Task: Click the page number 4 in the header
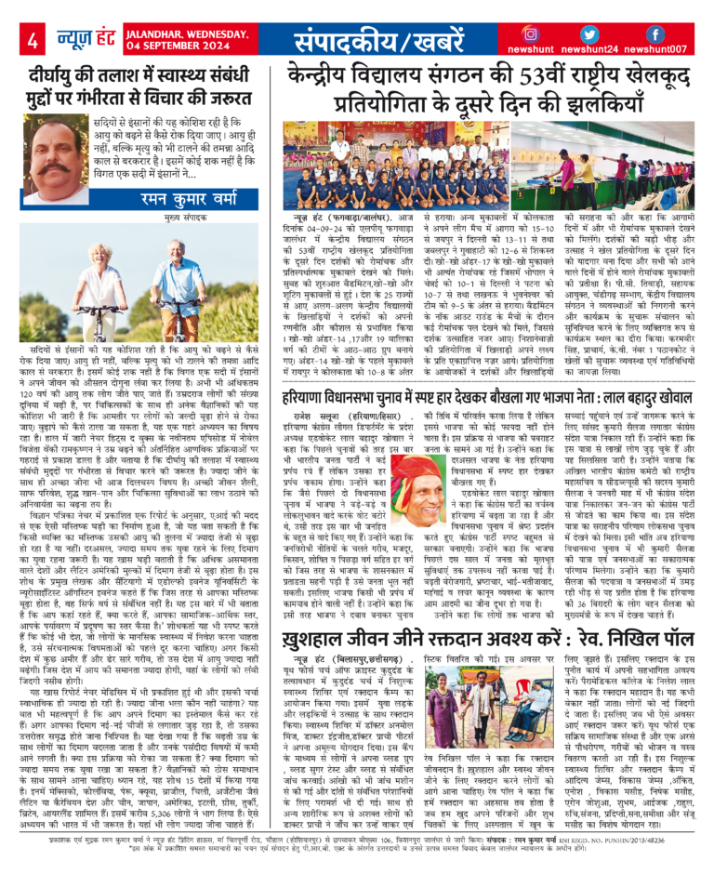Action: point(33,41)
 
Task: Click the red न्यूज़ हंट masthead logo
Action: point(83,40)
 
